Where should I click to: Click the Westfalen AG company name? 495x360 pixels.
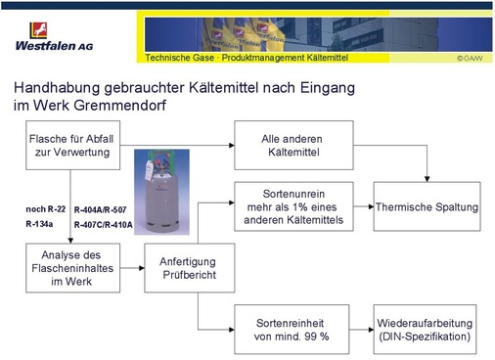(55, 44)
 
